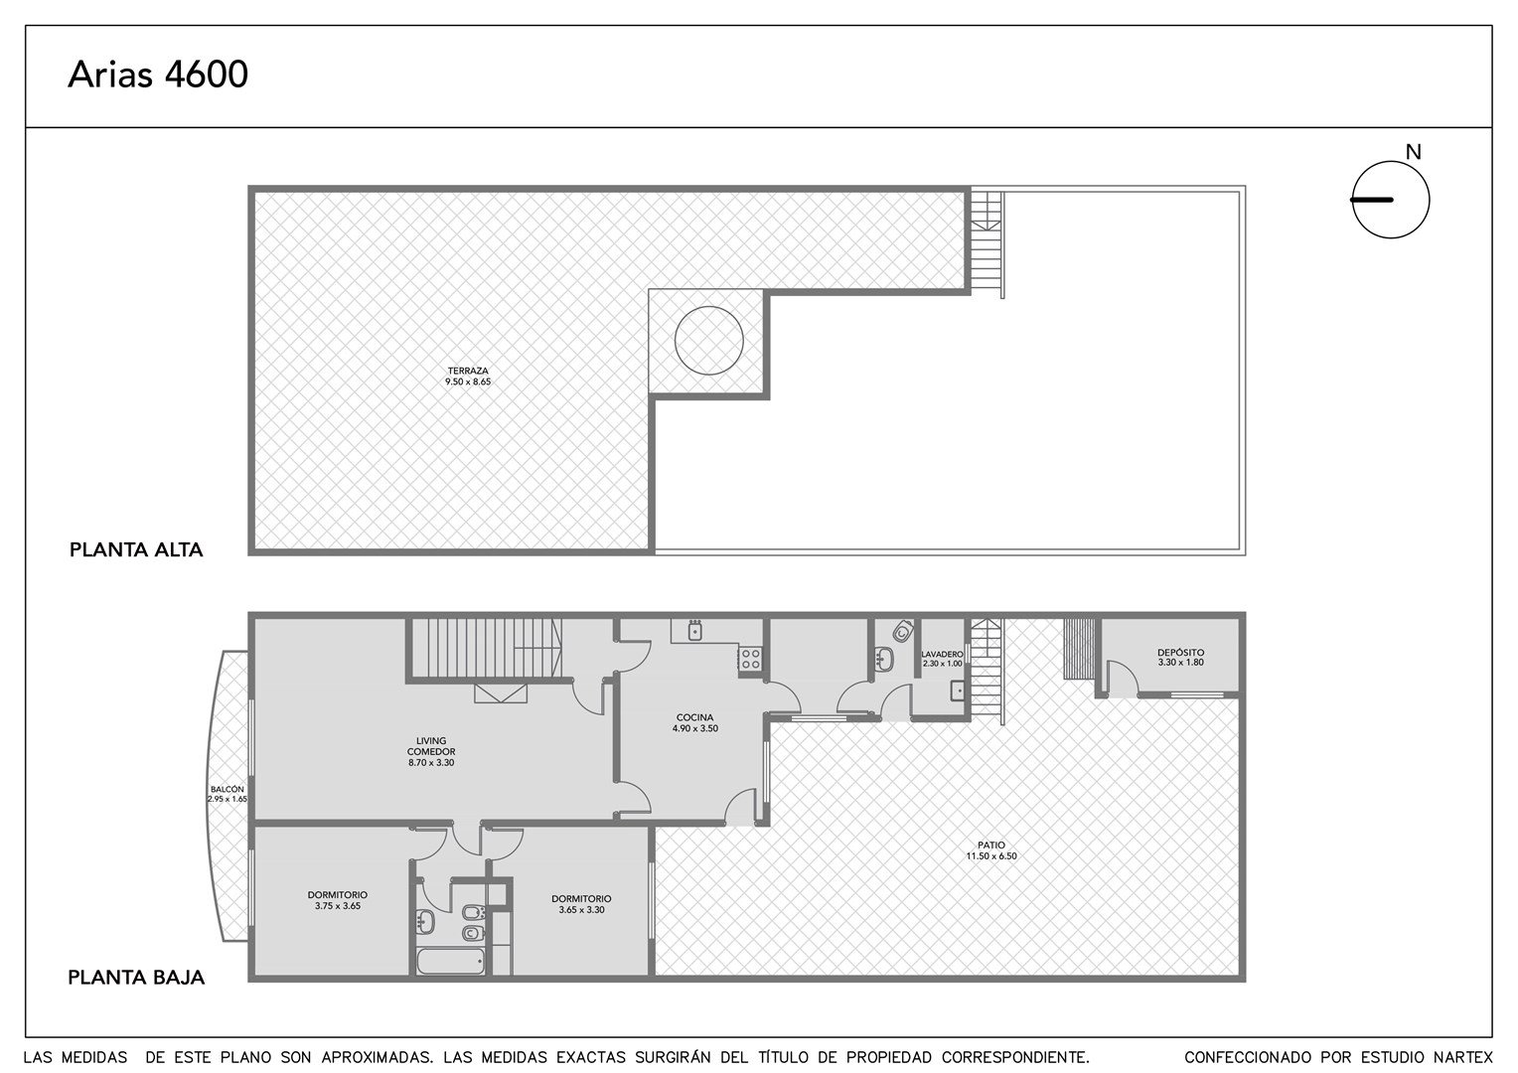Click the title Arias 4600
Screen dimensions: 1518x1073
[158, 75]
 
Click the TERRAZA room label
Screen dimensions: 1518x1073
[468, 371]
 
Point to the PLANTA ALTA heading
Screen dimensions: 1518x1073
[136, 549]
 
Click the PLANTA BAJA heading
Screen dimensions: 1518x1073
[136, 978]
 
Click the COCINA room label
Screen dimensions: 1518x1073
[694, 718]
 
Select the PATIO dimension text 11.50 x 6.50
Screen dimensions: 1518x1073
[991, 856]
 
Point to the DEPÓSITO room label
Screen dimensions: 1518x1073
[1180, 653]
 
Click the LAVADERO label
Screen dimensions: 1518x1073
[942, 654]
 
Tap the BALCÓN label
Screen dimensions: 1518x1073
[228, 790]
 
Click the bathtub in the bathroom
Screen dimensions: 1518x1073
[451, 961]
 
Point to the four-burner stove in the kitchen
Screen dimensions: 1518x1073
[750, 660]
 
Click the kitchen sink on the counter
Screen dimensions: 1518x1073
[694, 630]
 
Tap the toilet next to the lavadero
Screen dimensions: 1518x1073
[902, 632]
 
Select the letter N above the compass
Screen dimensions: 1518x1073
[1413, 153]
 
